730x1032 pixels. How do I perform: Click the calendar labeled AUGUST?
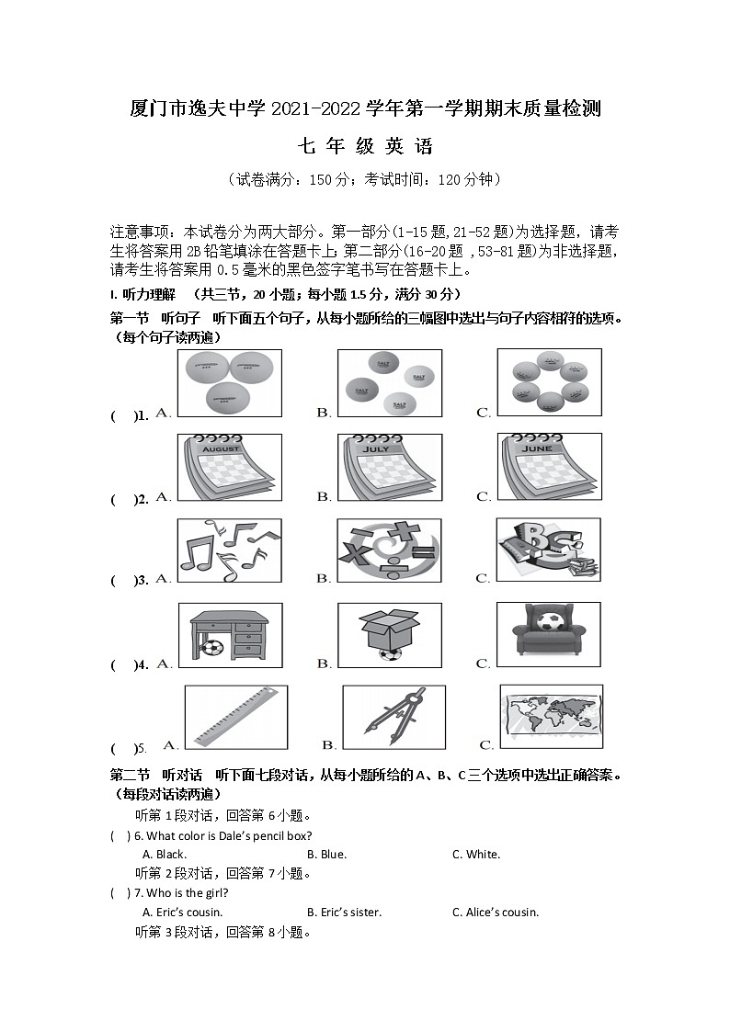(x=229, y=467)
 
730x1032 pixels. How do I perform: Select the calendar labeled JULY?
(x=390, y=467)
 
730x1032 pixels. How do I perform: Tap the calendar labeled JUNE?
(x=549, y=467)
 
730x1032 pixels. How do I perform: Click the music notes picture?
(x=229, y=550)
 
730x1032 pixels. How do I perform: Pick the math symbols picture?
(x=389, y=550)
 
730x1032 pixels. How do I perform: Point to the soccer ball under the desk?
(x=213, y=648)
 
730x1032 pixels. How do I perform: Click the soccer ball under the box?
(x=390, y=654)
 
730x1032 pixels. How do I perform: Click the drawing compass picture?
(x=394, y=717)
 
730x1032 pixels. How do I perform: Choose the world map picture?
(x=551, y=716)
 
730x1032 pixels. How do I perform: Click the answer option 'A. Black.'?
(x=165, y=855)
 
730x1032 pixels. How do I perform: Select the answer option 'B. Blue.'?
(x=326, y=855)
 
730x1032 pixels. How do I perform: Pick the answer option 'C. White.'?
(x=475, y=855)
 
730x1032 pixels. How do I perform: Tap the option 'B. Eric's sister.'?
(x=344, y=913)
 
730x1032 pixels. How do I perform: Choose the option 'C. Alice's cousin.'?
(x=495, y=913)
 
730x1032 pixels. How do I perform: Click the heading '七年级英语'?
(x=365, y=146)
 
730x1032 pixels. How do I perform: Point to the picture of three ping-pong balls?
(x=229, y=382)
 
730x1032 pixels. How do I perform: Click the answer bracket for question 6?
(x=120, y=836)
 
